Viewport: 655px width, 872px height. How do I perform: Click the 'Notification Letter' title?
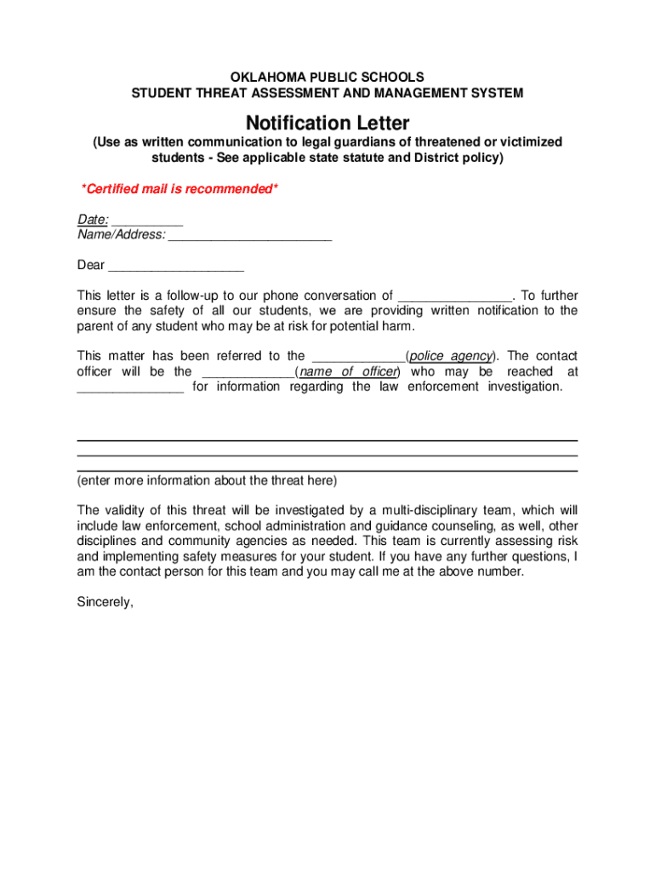(x=327, y=123)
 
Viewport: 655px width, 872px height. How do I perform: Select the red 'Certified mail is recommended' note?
(x=179, y=188)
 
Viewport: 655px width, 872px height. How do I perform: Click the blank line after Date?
(x=147, y=221)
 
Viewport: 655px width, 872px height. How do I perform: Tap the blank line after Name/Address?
(x=250, y=235)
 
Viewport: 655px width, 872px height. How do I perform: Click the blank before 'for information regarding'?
(x=130, y=387)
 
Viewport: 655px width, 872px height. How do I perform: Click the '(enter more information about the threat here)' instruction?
(x=207, y=480)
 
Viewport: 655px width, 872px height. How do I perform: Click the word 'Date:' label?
(x=93, y=220)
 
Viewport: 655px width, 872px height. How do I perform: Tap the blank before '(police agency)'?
(x=358, y=356)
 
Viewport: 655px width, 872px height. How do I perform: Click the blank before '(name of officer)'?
(x=247, y=371)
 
